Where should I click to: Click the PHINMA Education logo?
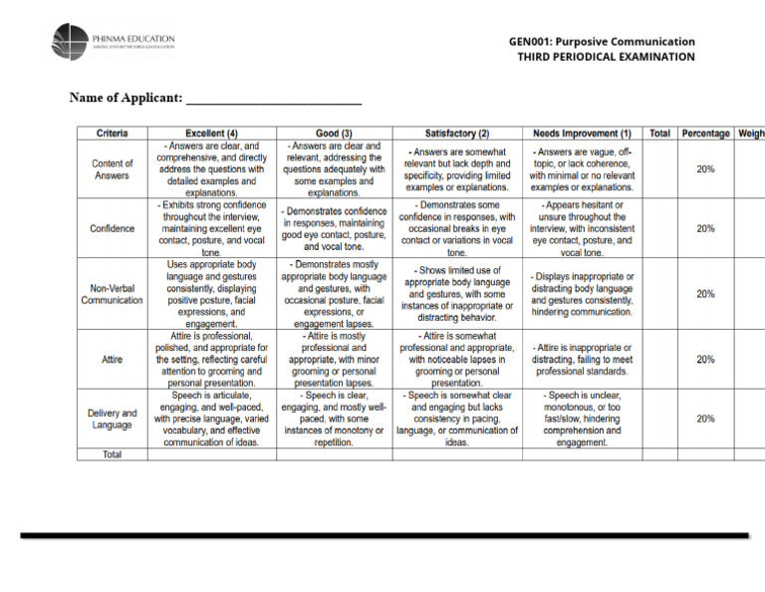(x=113, y=41)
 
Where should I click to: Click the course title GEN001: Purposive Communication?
(x=602, y=42)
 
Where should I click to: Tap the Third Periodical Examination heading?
(x=606, y=58)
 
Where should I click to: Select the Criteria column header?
(x=112, y=133)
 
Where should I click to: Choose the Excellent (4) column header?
(x=211, y=133)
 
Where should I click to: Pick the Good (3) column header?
(x=334, y=133)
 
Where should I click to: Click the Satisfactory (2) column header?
(x=457, y=133)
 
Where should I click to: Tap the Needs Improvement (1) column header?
(x=582, y=133)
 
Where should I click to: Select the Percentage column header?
(x=705, y=133)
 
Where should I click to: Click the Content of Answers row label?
(x=112, y=169)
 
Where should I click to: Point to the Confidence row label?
(x=112, y=228)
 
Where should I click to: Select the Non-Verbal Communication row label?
(x=112, y=293)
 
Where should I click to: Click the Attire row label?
(x=112, y=359)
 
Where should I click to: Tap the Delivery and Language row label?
(x=112, y=419)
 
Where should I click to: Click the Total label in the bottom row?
(x=112, y=454)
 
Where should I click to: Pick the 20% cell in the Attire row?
(x=705, y=359)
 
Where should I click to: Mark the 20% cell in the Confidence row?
(x=705, y=228)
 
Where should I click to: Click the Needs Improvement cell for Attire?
(x=582, y=359)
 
